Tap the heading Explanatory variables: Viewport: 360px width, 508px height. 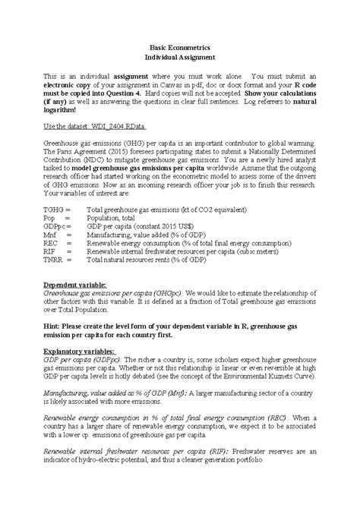(x=80, y=352)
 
